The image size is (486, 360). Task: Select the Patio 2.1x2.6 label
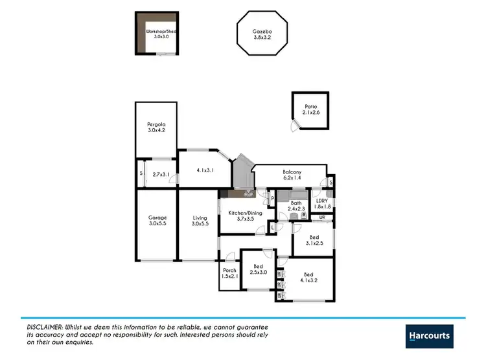pos(311,109)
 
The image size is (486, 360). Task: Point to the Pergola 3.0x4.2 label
pos(156,127)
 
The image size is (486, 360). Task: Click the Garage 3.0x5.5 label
pos(157,220)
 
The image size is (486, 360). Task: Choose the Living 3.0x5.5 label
pos(200,220)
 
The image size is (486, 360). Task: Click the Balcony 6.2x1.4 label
pos(292,175)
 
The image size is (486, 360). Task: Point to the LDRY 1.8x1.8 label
pos(323,203)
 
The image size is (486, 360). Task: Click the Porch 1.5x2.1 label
pos(229,273)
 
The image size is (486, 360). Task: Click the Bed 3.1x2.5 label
pos(314,240)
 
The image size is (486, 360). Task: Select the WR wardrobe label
pos(322,218)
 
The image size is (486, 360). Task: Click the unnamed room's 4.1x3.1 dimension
pos(205,170)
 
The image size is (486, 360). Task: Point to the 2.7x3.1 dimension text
pos(160,174)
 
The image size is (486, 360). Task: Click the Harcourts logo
pos(429,336)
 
